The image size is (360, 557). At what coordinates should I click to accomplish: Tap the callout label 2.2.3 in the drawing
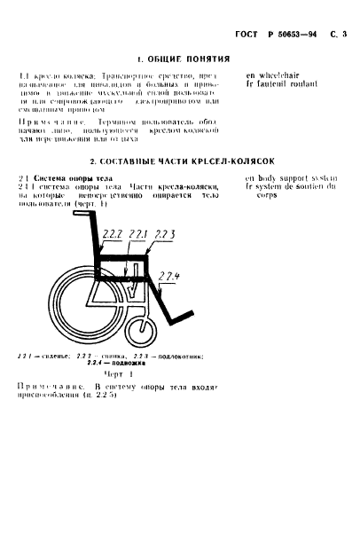coord(165,233)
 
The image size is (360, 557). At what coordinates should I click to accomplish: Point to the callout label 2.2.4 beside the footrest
coord(170,278)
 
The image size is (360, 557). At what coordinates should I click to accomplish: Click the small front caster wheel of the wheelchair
coord(141,332)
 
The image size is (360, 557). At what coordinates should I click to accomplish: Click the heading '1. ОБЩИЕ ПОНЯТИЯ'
coord(177,59)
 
